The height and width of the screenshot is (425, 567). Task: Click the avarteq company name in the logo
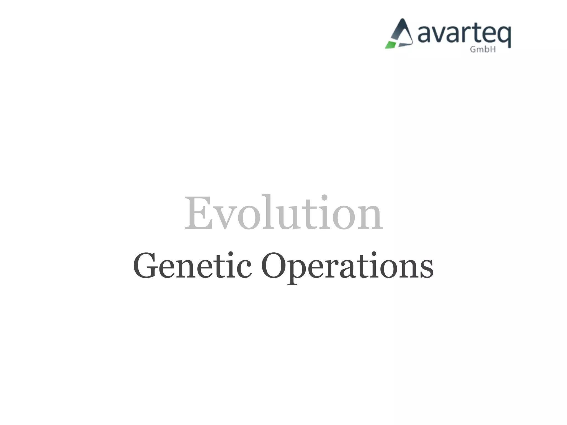[x=464, y=35]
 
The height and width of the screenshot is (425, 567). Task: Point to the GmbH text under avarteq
[x=483, y=49]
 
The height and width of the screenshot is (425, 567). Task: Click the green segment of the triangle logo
[x=391, y=45]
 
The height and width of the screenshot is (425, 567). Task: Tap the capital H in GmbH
[x=492, y=49]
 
